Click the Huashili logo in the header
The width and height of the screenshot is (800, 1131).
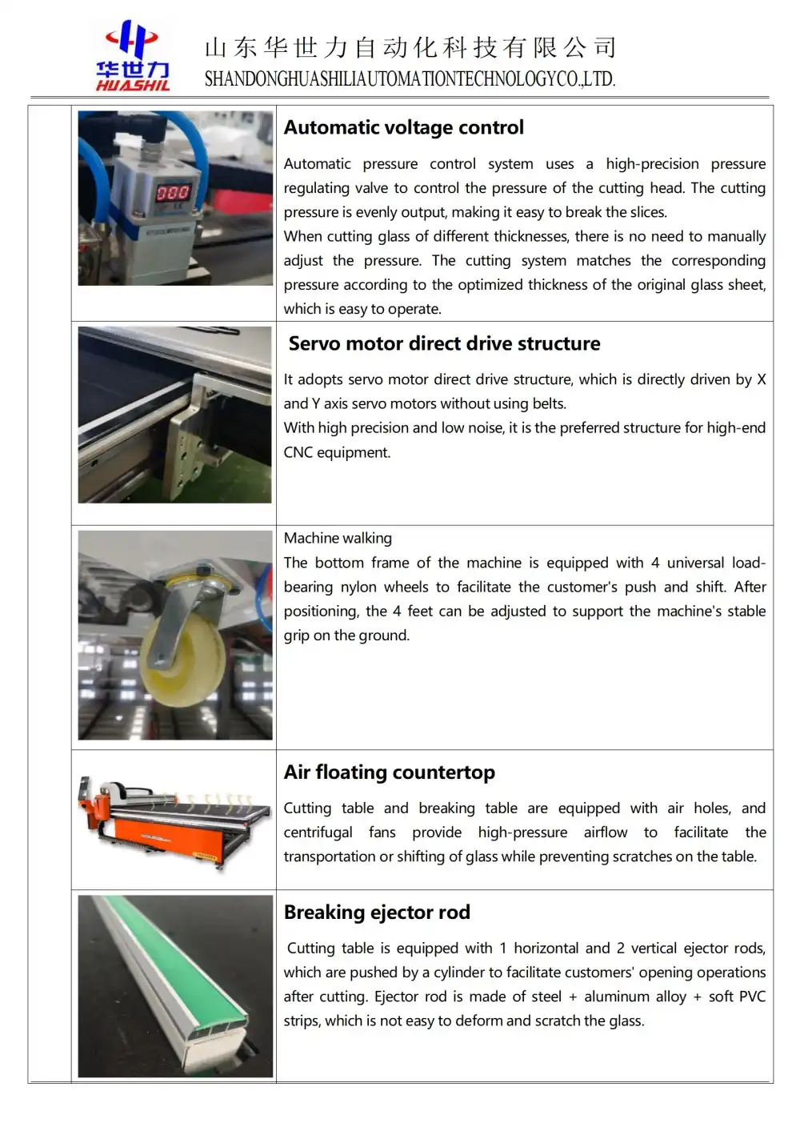(x=133, y=57)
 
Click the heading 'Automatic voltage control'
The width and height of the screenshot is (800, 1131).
(x=403, y=127)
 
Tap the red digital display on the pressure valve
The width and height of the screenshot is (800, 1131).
(x=172, y=192)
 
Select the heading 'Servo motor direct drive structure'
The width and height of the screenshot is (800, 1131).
(x=444, y=343)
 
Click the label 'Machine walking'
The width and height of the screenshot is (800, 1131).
(x=338, y=538)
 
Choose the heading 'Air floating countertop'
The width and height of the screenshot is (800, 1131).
(x=389, y=772)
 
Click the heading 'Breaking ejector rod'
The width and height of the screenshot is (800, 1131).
(x=377, y=912)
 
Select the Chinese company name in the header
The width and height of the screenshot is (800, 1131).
(x=410, y=48)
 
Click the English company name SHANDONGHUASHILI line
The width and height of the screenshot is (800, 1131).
(x=410, y=79)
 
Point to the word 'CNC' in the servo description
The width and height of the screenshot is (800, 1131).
(x=298, y=452)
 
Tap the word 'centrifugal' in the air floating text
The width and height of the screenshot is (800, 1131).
(x=318, y=832)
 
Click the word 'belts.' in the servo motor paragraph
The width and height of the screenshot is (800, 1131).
(x=549, y=403)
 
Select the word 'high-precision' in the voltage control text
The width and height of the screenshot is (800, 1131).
(x=652, y=163)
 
